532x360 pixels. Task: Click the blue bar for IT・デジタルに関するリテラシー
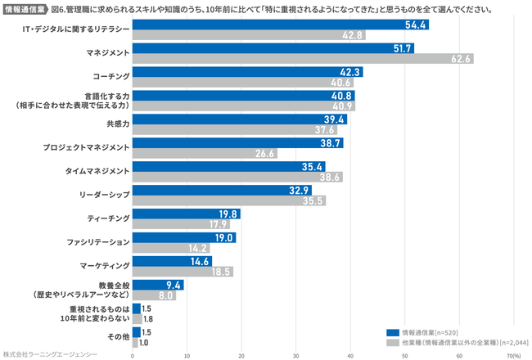tap(280, 25)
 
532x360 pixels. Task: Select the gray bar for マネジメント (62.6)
tap(302, 59)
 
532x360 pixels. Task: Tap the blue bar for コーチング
tap(246, 71)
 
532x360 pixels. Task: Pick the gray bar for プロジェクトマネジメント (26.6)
tap(204, 153)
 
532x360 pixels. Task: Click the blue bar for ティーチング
tap(186, 214)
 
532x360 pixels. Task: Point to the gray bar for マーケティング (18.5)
tap(183, 272)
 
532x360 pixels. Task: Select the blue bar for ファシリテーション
tap(183, 237)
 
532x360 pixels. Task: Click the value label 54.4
tap(416, 25)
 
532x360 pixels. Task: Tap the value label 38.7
tap(331, 142)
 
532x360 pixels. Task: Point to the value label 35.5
tap(313, 200)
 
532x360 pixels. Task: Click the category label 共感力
tap(118, 124)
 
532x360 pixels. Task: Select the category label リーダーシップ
tap(104, 195)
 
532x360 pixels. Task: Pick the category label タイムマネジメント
tap(97, 171)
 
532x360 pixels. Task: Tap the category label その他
tap(119, 336)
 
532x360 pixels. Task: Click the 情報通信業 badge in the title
tap(25, 11)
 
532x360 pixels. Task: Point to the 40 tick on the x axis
tap(350, 355)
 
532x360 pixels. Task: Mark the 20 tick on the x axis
tap(241, 355)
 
